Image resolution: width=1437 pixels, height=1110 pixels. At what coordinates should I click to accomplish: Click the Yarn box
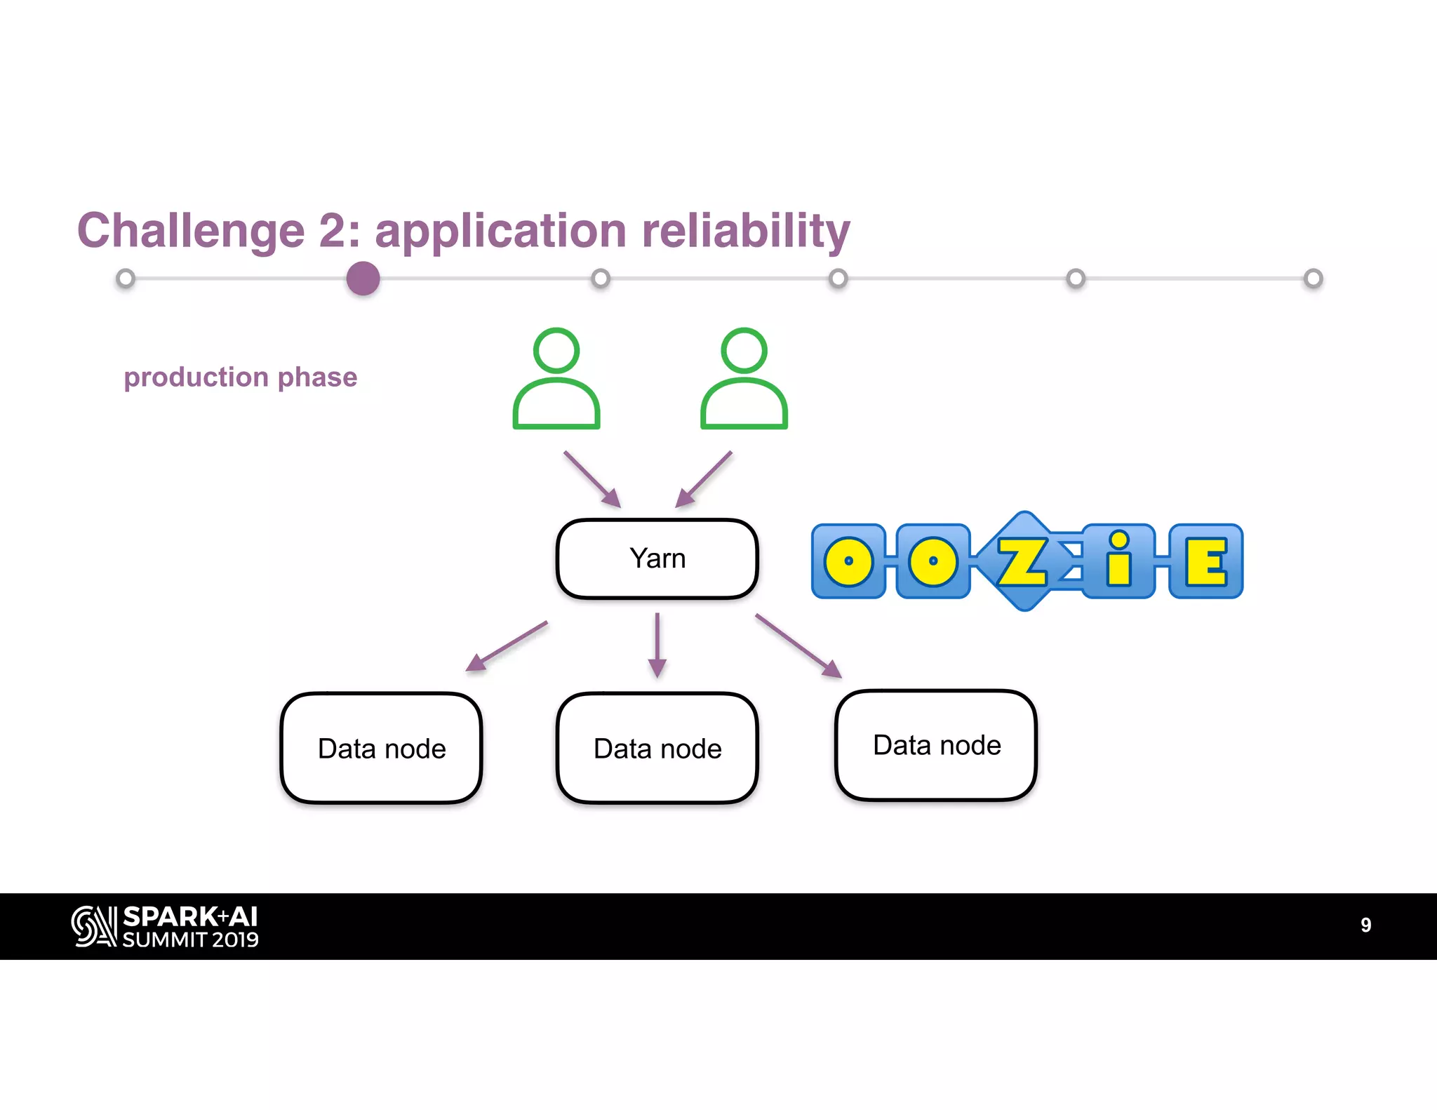click(x=657, y=559)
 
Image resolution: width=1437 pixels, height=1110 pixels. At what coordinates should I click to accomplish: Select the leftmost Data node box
click(x=381, y=748)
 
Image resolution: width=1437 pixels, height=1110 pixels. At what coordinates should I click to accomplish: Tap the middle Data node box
click(x=657, y=748)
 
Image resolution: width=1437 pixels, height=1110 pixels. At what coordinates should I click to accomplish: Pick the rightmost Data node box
click(x=936, y=744)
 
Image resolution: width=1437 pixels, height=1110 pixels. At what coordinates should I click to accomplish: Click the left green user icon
click(x=556, y=379)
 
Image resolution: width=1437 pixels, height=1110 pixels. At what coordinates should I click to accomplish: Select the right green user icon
click(x=744, y=379)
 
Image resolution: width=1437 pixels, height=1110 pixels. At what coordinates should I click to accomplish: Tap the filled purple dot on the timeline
click(x=363, y=279)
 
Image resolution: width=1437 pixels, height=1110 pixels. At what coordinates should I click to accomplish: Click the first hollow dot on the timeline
click(x=126, y=279)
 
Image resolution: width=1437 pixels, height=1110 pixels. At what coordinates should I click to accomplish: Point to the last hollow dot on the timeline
click(x=1313, y=279)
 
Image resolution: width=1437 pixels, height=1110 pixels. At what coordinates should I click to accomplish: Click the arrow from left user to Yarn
click(x=591, y=479)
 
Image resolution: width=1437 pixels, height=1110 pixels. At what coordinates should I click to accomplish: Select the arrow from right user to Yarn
click(x=704, y=479)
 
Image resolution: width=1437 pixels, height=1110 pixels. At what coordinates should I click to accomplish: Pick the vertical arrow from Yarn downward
click(x=657, y=644)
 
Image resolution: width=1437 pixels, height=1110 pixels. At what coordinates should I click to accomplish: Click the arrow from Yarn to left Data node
click(x=507, y=646)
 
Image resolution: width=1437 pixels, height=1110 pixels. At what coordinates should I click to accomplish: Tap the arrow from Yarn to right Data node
click(x=798, y=645)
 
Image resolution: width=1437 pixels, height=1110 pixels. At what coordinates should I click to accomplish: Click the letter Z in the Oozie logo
click(x=1022, y=561)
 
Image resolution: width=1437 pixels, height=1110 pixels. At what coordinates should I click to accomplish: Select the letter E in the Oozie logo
click(x=1205, y=561)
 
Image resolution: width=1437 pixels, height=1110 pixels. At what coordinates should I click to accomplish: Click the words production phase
click(x=240, y=377)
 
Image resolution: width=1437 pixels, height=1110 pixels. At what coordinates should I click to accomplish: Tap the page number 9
click(x=1365, y=925)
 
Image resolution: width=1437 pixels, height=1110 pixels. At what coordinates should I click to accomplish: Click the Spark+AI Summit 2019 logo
click(x=165, y=926)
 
